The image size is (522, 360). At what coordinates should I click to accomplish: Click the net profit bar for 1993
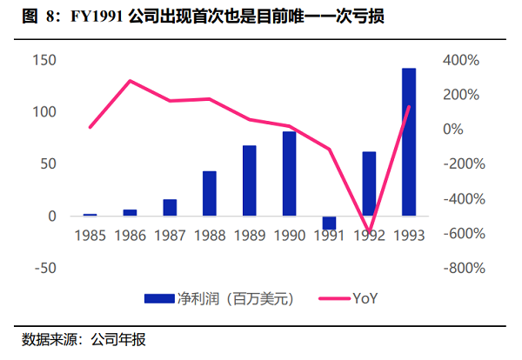coord(409,142)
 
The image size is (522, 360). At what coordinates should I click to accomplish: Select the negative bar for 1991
coord(329,223)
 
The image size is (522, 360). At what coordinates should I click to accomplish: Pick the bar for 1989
coord(249,180)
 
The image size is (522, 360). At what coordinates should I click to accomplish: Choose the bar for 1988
coord(209,193)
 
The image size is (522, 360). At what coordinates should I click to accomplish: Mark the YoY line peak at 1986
coord(130,81)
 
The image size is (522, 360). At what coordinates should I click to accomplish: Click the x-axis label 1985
coord(90,236)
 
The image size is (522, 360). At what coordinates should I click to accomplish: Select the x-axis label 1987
coord(170,236)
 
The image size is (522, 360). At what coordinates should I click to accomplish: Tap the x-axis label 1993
coord(409,236)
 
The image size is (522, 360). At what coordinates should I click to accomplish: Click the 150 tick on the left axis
coord(45,60)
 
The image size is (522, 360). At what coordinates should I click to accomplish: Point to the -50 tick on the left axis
coord(45,268)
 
